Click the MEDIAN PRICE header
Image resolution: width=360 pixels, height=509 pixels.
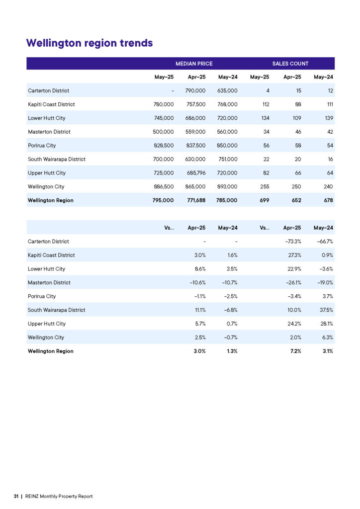pyautogui.click(x=194, y=64)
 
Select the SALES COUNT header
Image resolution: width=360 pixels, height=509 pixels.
pyautogui.click(x=290, y=64)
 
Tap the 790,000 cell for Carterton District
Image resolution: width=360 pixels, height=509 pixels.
pyautogui.click(x=195, y=90)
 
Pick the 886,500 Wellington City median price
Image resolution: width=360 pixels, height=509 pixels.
pyautogui.click(x=164, y=187)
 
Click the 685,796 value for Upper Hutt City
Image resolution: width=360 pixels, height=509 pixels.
pyautogui.click(x=196, y=173)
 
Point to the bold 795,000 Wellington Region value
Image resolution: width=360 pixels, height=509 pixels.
pyautogui.click(x=163, y=200)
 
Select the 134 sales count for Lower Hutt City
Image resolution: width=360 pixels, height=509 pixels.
pyautogui.click(x=265, y=118)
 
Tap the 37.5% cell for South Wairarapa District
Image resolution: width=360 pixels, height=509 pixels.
pyautogui.click(x=326, y=310)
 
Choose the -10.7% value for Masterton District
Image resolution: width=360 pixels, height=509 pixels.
pyautogui.click(x=230, y=283)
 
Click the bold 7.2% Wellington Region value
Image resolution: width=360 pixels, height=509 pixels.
pyautogui.click(x=296, y=351)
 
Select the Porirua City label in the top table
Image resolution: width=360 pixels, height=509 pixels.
pyautogui.click(x=42, y=146)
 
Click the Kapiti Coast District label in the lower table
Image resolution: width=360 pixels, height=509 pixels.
pyautogui.click(x=51, y=255)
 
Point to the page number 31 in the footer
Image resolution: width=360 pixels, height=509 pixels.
pyautogui.click(x=16, y=497)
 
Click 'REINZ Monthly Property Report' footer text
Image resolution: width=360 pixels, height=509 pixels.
pyautogui.click(x=59, y=497)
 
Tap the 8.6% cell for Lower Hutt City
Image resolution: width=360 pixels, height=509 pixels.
pyautogui.click(x=200, y=269)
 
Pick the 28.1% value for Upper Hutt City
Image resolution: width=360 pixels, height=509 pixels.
pyautogui.click(x=327, y=324)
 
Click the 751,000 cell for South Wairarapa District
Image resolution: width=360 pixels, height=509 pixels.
pyautogui.click(x=228, y=160)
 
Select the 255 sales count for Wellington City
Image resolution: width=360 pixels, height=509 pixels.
pyautogui.click(x=265, y=187)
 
